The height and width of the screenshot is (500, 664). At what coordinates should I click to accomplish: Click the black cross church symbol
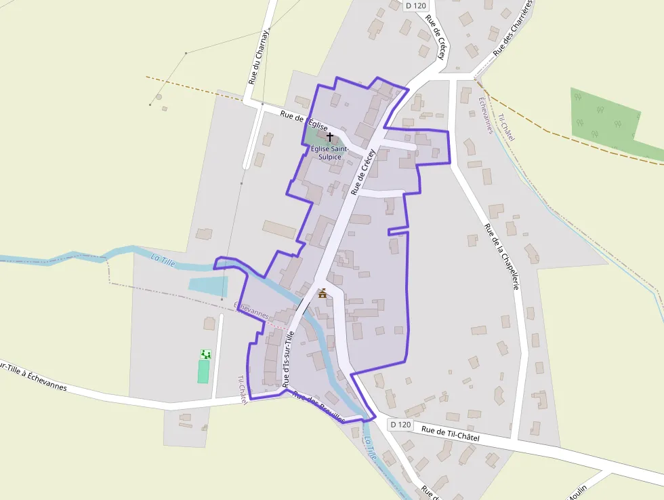coord(330,137)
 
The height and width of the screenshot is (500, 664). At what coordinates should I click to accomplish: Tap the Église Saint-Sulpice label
coord(330,153)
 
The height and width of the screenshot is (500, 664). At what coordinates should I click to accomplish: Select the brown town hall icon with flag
coord(323,293)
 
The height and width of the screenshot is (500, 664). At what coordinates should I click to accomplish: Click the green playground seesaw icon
coord(206,354)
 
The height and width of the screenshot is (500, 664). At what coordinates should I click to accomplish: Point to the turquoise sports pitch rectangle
coord(203,371)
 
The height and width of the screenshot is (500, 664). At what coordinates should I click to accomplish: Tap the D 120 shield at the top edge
coord(416,5)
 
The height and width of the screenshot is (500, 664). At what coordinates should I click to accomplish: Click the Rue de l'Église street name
coord(304,121)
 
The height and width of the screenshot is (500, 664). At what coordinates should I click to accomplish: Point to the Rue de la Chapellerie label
coord(502,257)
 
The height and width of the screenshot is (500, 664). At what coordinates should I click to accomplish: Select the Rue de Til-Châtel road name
coord(450,434)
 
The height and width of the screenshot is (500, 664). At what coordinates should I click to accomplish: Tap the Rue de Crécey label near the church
coord(362,172)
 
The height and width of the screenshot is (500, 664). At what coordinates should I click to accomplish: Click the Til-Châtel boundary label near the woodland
coord(506,128)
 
